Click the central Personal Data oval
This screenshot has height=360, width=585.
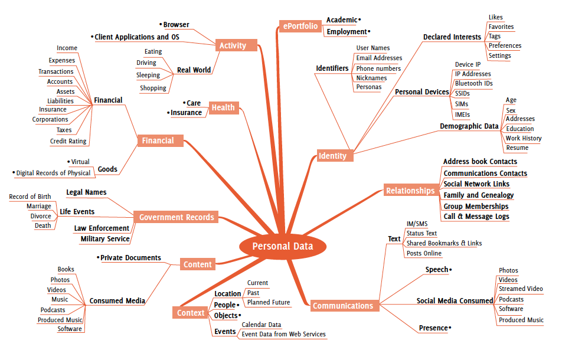pos(283,247)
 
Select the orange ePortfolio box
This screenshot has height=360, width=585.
pos(300,26)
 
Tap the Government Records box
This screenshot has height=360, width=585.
pos(177,217)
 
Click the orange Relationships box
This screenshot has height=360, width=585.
pos(410,191)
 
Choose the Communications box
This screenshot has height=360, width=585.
pos(343,306)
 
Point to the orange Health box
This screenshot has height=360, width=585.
pos(223,107)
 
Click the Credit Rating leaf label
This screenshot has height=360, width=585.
pos(68,142)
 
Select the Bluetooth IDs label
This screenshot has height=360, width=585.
pos(473,84)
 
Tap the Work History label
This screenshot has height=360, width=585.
pos(523,138)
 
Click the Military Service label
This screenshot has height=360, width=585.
pos(104,239)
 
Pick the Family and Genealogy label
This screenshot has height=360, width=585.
pos(478,195)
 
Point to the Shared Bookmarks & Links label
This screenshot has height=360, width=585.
pos(444,243)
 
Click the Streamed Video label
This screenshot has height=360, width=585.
pos(521,289)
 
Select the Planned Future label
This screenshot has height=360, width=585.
pos(269,303)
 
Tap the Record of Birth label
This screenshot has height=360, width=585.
pos(30,197)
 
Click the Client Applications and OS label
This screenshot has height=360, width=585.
pos(137,37)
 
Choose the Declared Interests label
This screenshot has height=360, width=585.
pos(452,37)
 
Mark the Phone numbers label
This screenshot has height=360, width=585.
pos(378,68)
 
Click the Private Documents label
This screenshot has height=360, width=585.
pos(130,258)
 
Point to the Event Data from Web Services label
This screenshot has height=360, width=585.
pos(283,334)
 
